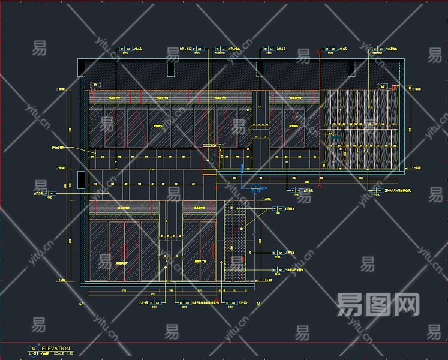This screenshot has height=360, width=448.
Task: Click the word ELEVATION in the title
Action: pyautogui.click(x=56, y=348)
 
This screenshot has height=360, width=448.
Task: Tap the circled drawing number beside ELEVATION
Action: pyautogui.click(x=33, y=349)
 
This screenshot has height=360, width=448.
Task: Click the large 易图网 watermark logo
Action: pyautogui.click(x=378, y=305)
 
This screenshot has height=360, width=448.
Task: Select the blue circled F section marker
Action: pyautogui.click(x=256, y=187)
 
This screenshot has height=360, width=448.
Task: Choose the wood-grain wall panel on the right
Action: pyautogui.click(x=360, y=129)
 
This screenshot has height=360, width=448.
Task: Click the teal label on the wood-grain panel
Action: pyautogui.click(x=335, y=137)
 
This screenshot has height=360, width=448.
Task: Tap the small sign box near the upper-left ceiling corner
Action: pyautogui.click(x=94, y=85)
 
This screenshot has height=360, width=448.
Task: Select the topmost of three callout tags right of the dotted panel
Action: pyautogui.click(x=277, y=209)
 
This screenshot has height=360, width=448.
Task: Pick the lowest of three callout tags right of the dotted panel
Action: pyautogui.click(x=277, y=271)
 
